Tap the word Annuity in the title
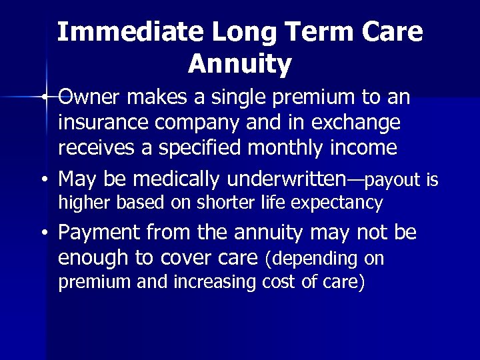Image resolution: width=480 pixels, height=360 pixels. [x=239, y=64]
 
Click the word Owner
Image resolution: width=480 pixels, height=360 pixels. [x=91, y=99]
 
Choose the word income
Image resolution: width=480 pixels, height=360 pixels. [x=364, y=147]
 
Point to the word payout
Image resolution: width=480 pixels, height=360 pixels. [x=394, y=179]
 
